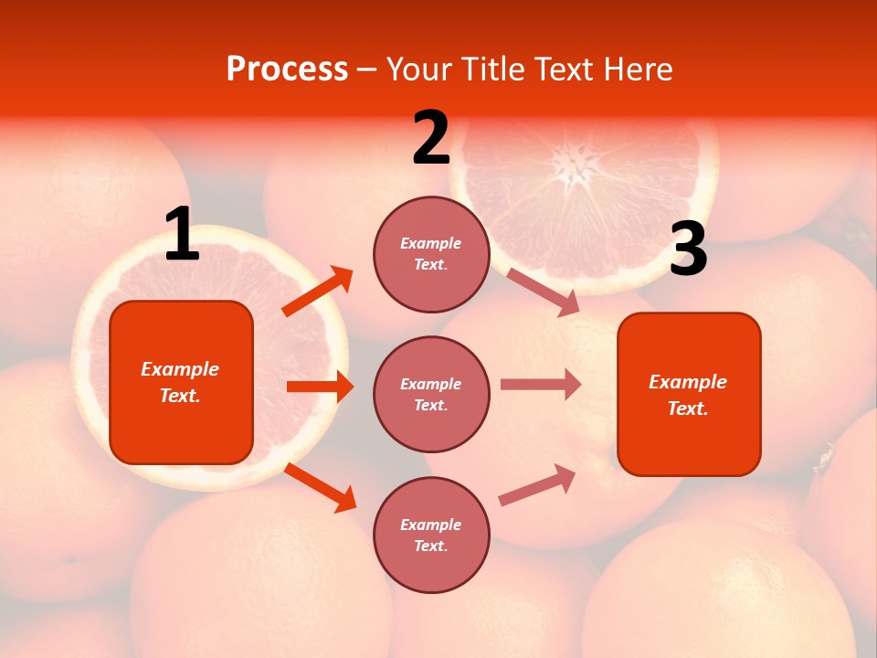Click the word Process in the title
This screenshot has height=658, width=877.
pyautogui.click(x=287, y=69)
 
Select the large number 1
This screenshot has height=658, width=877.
pyautogui.click(x=182, y=235)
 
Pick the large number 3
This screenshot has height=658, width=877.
pyautogui.click(x=688, y=250)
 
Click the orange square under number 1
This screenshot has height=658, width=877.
pyautogui.click(x=181, y=382)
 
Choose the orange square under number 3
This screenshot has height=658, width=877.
pyautogui.click(x=689, y=394)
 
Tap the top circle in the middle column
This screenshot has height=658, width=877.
pyautogui.click(x=431, y=254)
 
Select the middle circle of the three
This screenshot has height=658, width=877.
pyautogui.click(x=431, y=394)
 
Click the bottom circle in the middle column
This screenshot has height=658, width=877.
pyautogui.click(x=431, y=535)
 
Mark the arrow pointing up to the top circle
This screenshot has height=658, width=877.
pyautogui.click(x=318, y=292)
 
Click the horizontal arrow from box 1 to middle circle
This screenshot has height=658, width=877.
pyautogui.click(x=320, y=387)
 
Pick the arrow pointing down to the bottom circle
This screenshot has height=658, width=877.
pyautogui.click(x=321, y=487)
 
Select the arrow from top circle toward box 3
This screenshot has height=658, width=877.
pyautogui.click(x=543, y=292)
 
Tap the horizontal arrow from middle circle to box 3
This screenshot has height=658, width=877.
pyautogui.click(x=541, y=385)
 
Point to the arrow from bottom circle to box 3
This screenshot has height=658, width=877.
pyautogui.click(x=537, y=484)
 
